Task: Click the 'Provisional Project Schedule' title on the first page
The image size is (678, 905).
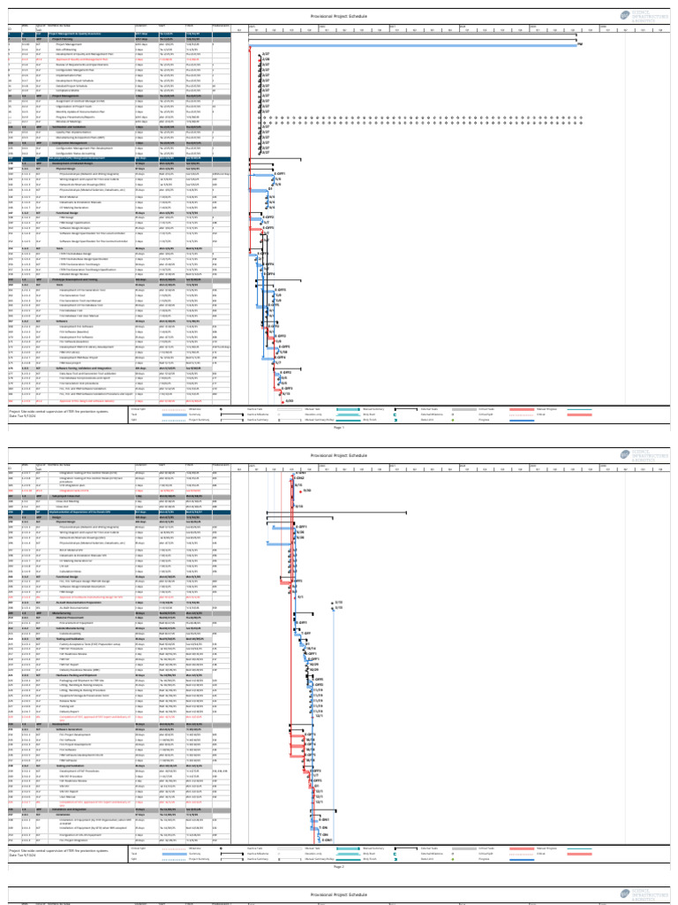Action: tap(339, 16)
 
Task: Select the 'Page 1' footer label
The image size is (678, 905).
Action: tap(339, 427)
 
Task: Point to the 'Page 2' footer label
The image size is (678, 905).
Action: tap(339, 867)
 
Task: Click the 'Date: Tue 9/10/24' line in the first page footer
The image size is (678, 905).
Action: tap(26, 416)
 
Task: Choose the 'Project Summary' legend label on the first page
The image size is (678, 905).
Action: tap(198, 420)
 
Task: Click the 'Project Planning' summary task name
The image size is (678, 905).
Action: tap(62, 40)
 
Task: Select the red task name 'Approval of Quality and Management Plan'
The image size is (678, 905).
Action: tap(79, 59)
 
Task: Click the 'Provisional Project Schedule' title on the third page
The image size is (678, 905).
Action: tap(339, 894)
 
